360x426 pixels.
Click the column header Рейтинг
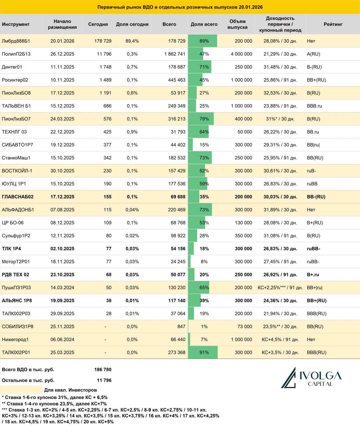(333, 24)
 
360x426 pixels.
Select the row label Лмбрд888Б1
(16, 41)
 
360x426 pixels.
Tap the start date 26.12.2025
(62, 54)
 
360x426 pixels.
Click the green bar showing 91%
(203, 352)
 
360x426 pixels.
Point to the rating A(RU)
(314, 54)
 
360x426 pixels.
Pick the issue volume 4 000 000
(241, 54)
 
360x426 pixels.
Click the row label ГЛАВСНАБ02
(18, 197)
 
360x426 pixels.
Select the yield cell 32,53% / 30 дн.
(280, 93)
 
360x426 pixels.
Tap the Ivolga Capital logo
(311, 378)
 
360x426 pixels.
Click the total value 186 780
(103, 369)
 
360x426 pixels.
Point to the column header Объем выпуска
(237, 24)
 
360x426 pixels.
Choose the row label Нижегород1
(15, 339)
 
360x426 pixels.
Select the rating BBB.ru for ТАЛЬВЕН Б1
(314, 106)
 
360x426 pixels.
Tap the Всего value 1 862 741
(175, 54)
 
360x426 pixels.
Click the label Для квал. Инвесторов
(70, 390)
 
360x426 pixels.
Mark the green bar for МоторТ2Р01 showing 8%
(189, 262)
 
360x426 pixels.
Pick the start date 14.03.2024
(62, 288)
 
